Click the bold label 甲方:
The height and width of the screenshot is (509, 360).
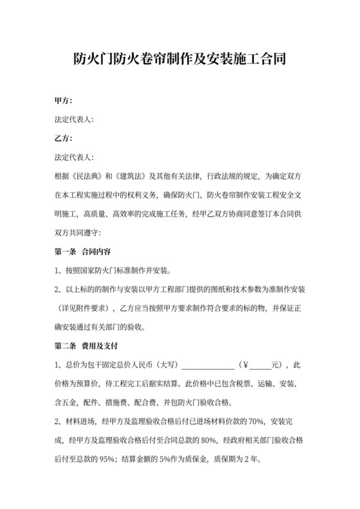[x=63, y=101]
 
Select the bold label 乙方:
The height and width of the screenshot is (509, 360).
[x=63, y=138]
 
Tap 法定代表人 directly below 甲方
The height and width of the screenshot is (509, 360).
[x=75, y=120]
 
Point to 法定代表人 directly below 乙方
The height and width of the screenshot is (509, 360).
[x=75, y=157]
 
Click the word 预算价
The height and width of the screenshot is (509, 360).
[x=88, y=386]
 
